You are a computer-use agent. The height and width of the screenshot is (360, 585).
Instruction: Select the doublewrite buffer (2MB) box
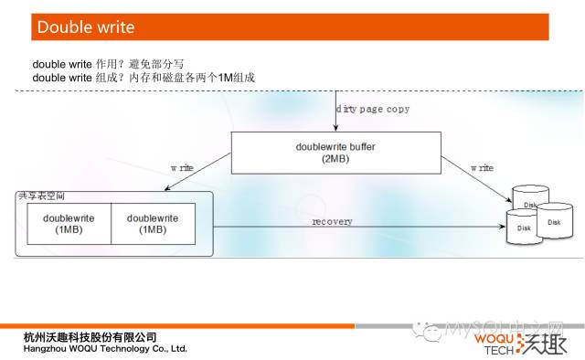[335, 152]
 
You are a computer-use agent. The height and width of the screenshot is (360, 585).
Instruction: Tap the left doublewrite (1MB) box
[69, 224]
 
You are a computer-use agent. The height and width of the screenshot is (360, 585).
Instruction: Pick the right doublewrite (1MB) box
[153, 224]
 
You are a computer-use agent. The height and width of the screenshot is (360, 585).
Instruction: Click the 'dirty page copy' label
[372, 109]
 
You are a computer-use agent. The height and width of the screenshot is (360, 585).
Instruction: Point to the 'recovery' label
[332, 221]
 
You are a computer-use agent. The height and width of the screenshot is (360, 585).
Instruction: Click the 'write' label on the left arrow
[182, 169]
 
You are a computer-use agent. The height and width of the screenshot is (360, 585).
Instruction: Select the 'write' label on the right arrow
[482, 168]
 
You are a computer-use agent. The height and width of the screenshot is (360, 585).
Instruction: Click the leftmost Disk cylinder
[523, 227]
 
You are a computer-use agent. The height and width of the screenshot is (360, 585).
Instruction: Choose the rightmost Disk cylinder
[554, 222]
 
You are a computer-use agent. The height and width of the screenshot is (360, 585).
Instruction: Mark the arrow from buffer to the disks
[475, 177]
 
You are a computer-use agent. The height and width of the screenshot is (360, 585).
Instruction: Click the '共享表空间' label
[42, 196]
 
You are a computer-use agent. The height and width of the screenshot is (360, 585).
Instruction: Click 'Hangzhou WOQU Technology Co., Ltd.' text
[105, 349]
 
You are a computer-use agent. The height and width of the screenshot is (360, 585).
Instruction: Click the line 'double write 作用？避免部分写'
[108, 65]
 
